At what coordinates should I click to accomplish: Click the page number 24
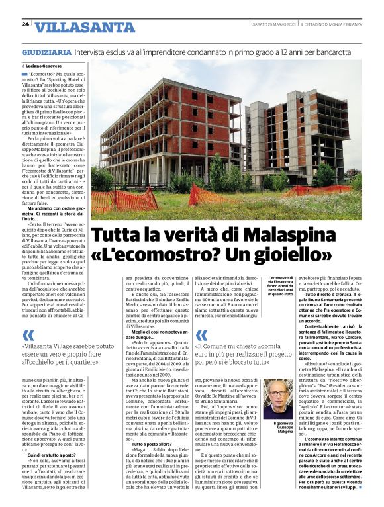click(26, 24)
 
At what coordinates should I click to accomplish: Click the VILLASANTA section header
click(85, 27)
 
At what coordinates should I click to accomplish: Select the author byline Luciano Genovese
click(46, 66)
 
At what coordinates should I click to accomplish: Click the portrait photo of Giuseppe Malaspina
click(278, 398)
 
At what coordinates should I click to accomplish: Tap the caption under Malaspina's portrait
click(278, 428)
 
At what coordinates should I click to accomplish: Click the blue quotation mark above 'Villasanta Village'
click(28, 336)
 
